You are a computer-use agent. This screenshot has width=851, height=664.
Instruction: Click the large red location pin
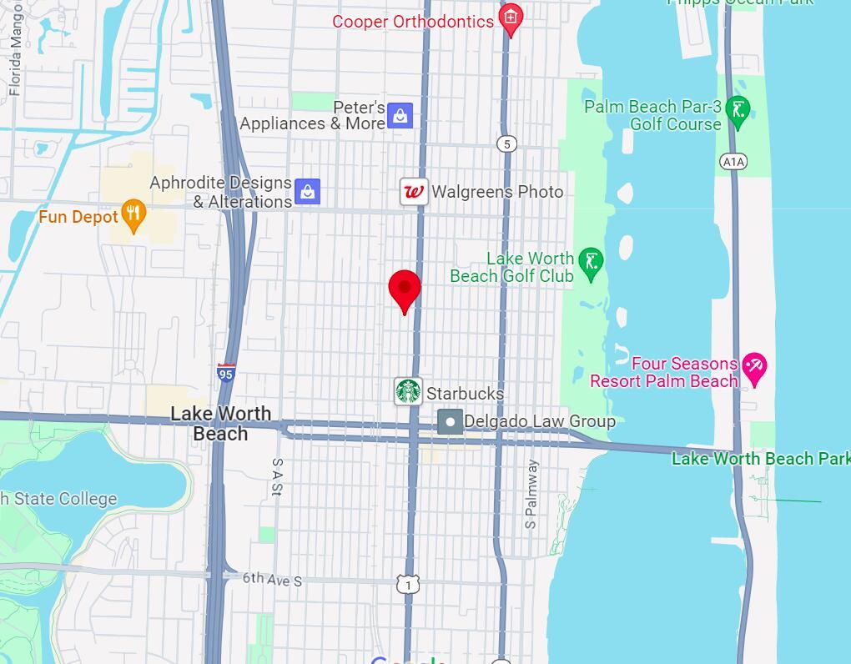405,289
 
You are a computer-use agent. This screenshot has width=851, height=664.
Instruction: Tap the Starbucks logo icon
408,391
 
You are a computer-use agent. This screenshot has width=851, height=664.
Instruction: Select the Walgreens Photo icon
414,192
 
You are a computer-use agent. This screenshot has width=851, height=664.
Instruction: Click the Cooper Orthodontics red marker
510,18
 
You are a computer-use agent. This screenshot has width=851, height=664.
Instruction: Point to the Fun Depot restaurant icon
133,215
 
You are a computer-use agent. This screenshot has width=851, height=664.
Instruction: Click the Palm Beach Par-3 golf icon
738,110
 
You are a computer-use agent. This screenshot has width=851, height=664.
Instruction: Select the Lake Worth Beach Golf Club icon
591,263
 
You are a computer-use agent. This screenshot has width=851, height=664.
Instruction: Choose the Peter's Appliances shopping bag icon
400,116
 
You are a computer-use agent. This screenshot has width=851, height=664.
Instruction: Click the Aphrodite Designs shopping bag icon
308,192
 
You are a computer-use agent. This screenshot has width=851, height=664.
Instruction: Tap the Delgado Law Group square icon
450,421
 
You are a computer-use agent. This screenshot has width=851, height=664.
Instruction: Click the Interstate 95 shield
225,373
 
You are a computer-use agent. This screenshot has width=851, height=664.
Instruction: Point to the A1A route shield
733,161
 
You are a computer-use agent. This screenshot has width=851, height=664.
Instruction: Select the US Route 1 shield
408,586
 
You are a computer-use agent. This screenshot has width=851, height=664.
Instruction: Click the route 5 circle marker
506,144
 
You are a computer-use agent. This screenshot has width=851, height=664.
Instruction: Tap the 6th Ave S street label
273,578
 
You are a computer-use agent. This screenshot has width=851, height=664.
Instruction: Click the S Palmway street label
531,495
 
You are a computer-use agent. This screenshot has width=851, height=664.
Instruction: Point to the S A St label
278,477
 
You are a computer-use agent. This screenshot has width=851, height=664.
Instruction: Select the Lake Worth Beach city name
220,424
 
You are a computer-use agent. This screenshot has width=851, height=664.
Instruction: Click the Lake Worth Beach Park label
760,459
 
